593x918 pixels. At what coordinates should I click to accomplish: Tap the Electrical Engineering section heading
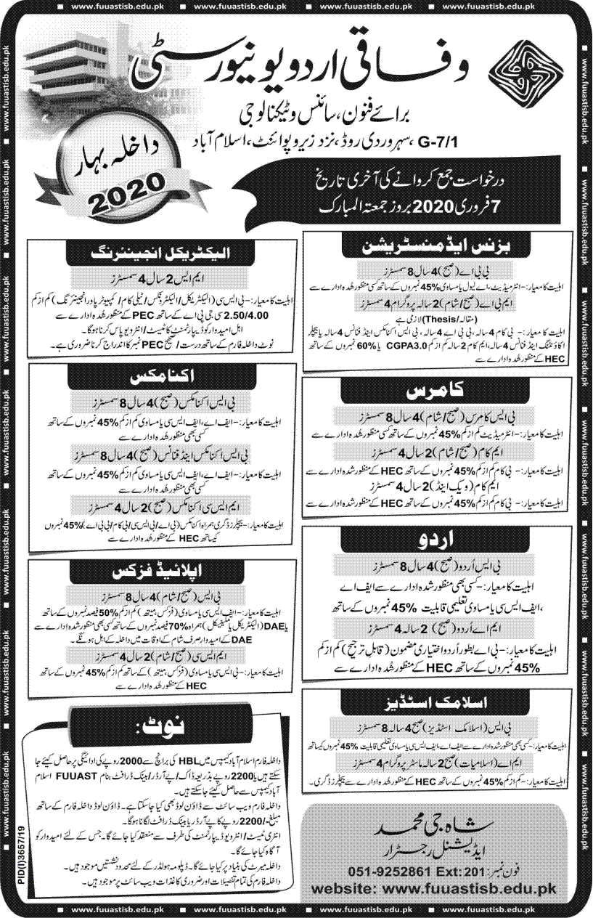point(162,253)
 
